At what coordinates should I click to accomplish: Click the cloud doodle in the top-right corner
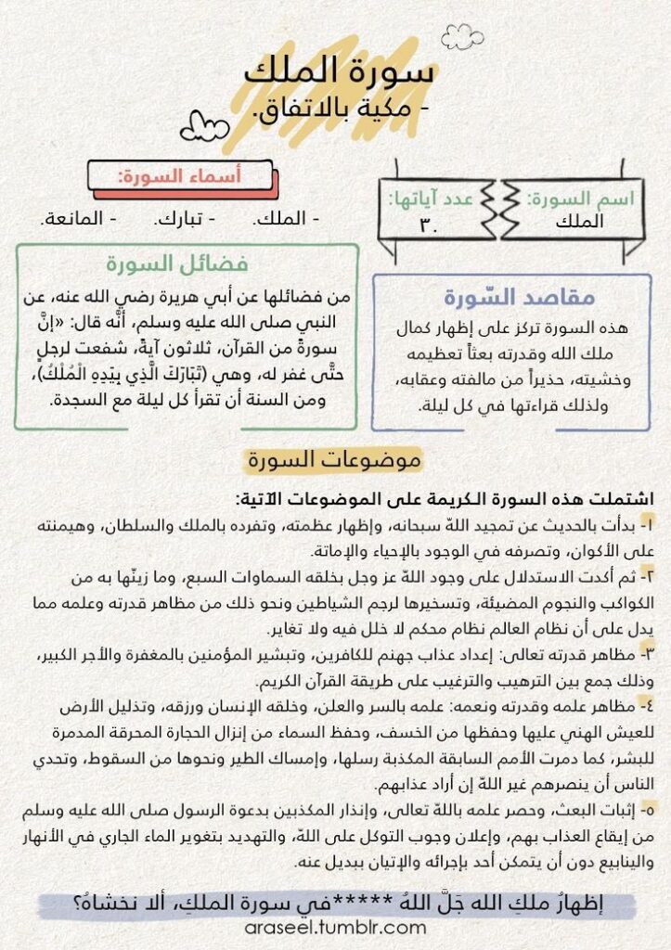click(462, 36)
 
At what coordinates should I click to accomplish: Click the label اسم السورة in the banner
click(568, 199)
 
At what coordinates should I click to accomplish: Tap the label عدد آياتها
click(432, 198)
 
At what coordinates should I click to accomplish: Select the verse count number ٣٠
click(429, 223)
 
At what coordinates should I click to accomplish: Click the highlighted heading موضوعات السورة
click(334, 459)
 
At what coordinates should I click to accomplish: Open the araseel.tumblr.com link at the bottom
click(336, 927)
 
